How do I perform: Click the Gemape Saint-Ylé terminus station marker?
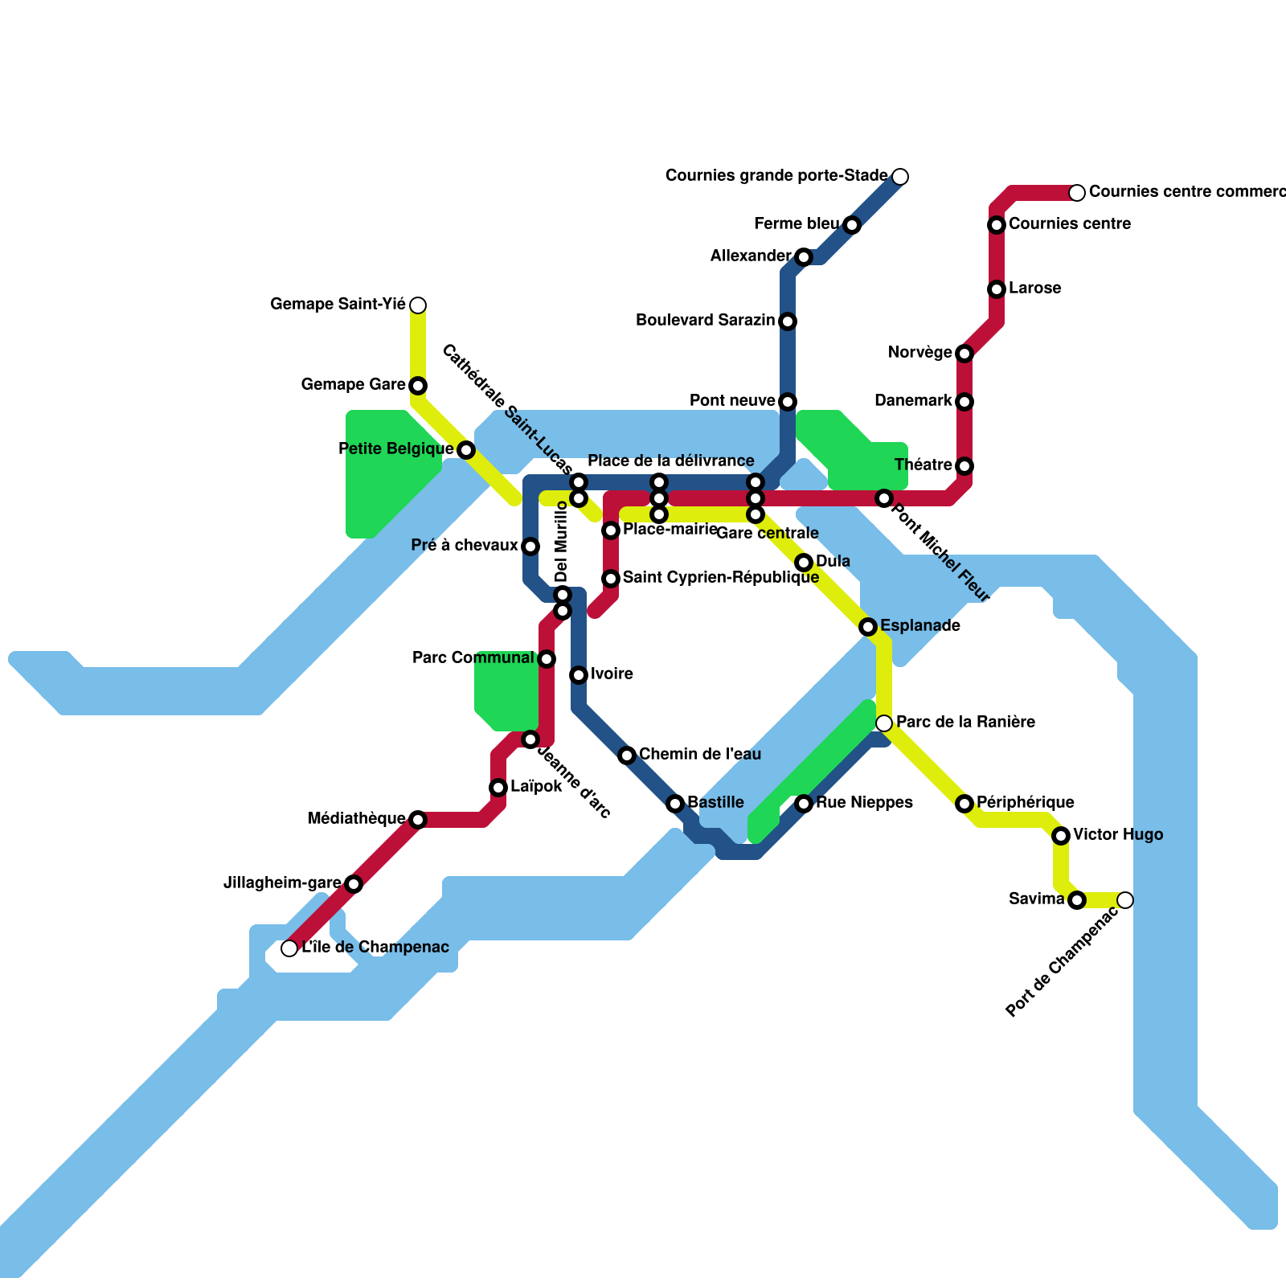tap(418, 305)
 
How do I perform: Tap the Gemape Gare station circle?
tap(418, 386)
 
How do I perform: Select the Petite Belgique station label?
tap(396, 449)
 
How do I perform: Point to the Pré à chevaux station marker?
tap(530, 547)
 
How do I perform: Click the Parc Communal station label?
tap(473, 658)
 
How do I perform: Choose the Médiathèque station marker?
tap(418, 820)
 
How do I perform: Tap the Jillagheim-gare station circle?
tap(354, 884)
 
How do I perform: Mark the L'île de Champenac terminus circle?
tap(289, 948)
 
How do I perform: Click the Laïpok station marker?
tap(498, 788)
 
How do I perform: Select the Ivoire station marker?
tap(579, 675)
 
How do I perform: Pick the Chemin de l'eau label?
tap(699, 755)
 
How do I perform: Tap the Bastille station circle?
tap(675, 804)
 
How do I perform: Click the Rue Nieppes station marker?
tap(804, 804)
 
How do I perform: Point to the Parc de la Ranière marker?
tap(884, 723)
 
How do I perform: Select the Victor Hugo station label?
tap(1117, 835)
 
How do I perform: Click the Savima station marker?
tap(1077, 900)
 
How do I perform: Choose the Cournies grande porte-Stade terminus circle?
tap(900, 177)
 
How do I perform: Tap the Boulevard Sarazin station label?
tap(705, 321)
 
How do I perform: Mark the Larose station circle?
tap(997, 289)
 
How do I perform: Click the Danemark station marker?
tap(964, 402)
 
